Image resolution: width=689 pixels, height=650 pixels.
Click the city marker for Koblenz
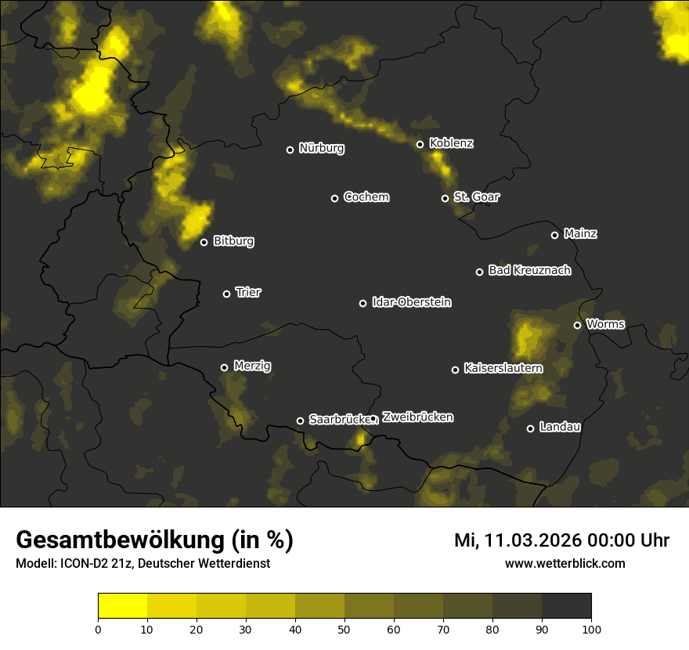click(420, 144)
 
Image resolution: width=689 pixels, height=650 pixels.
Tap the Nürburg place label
click(321, 148)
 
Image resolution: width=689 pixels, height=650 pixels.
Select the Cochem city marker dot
click(334, 198)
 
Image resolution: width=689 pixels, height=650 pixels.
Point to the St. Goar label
click(476, 197)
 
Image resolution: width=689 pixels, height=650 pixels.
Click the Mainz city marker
click(554, 235)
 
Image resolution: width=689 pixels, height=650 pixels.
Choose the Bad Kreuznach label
click(529, 271)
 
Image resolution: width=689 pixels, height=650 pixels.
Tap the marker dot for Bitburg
click(204, 242)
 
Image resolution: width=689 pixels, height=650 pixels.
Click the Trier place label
click(248, 293)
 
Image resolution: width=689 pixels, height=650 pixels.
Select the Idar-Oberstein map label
click(411, 302)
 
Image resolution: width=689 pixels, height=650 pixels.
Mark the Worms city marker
click(577, 325)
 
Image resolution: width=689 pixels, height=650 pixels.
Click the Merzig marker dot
click(224, 367)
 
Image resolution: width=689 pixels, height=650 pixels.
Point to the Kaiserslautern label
click(503, 368)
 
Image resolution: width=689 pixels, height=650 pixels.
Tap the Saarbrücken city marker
click(300, 421)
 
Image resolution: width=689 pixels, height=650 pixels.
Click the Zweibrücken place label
click(417, 417)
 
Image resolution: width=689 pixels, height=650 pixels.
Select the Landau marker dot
click(530, 428)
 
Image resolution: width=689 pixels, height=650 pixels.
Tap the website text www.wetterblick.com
click(565, 563)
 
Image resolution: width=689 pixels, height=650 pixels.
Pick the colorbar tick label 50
click(344, 628)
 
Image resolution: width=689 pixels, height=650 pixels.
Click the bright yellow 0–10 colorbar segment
click(122, 605)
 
